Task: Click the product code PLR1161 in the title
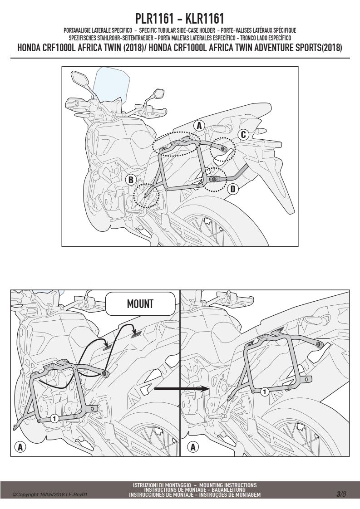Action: point(154,19)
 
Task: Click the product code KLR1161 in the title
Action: point(205,19)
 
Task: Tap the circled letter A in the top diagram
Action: point(199,126)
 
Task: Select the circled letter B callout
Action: point(131,180)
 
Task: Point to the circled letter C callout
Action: point(243,134)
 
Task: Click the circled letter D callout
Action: point(232,189)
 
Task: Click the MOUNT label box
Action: point(140,304)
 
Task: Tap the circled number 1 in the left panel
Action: point(54,418)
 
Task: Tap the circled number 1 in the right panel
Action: point(265,392)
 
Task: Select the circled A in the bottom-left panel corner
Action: point(20,447)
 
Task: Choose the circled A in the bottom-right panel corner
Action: point(193,447)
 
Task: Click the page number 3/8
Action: point(341,494)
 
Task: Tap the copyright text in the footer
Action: point(50,495)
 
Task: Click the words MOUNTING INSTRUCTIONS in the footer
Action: point(228,485)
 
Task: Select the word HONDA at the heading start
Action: point(29,48)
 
